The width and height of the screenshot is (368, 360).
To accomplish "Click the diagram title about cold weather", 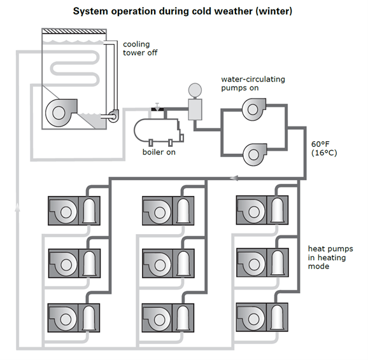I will (x=183, y=11).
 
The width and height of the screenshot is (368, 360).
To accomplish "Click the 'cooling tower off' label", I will (x=140, y=48).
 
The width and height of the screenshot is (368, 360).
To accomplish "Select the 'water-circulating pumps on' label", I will (x=253, y=83).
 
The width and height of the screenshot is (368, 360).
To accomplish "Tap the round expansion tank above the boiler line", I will (x=195, y=89).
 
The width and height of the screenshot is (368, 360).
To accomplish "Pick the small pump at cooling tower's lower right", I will (x=113, y=116).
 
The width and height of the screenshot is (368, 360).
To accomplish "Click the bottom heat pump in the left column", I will (x=74, y=316).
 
